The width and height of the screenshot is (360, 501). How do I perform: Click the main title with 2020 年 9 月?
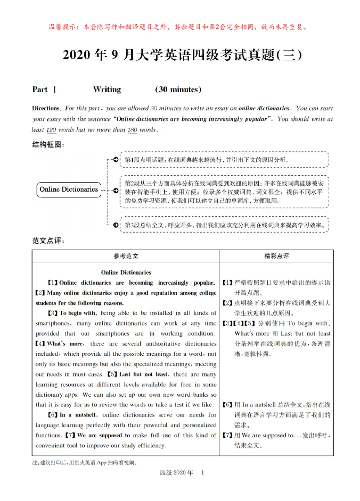point(180,55)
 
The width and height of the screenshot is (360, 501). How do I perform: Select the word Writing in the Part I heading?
point(107,89)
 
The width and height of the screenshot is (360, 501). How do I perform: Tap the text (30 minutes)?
point(178,89)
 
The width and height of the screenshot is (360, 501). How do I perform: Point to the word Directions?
point(46,108)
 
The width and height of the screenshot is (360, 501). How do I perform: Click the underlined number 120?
point(51,130)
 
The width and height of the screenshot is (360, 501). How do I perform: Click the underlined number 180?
point(132,130)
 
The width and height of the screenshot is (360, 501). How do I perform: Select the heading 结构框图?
point(48,144)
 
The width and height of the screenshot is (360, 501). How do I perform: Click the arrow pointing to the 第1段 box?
point(115,160)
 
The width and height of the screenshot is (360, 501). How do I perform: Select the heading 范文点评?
point(48,241)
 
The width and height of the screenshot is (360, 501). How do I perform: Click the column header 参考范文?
point(126,255)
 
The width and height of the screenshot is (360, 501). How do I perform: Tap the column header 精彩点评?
point(276,255)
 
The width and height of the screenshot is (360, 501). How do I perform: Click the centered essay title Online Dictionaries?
point(126,273)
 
